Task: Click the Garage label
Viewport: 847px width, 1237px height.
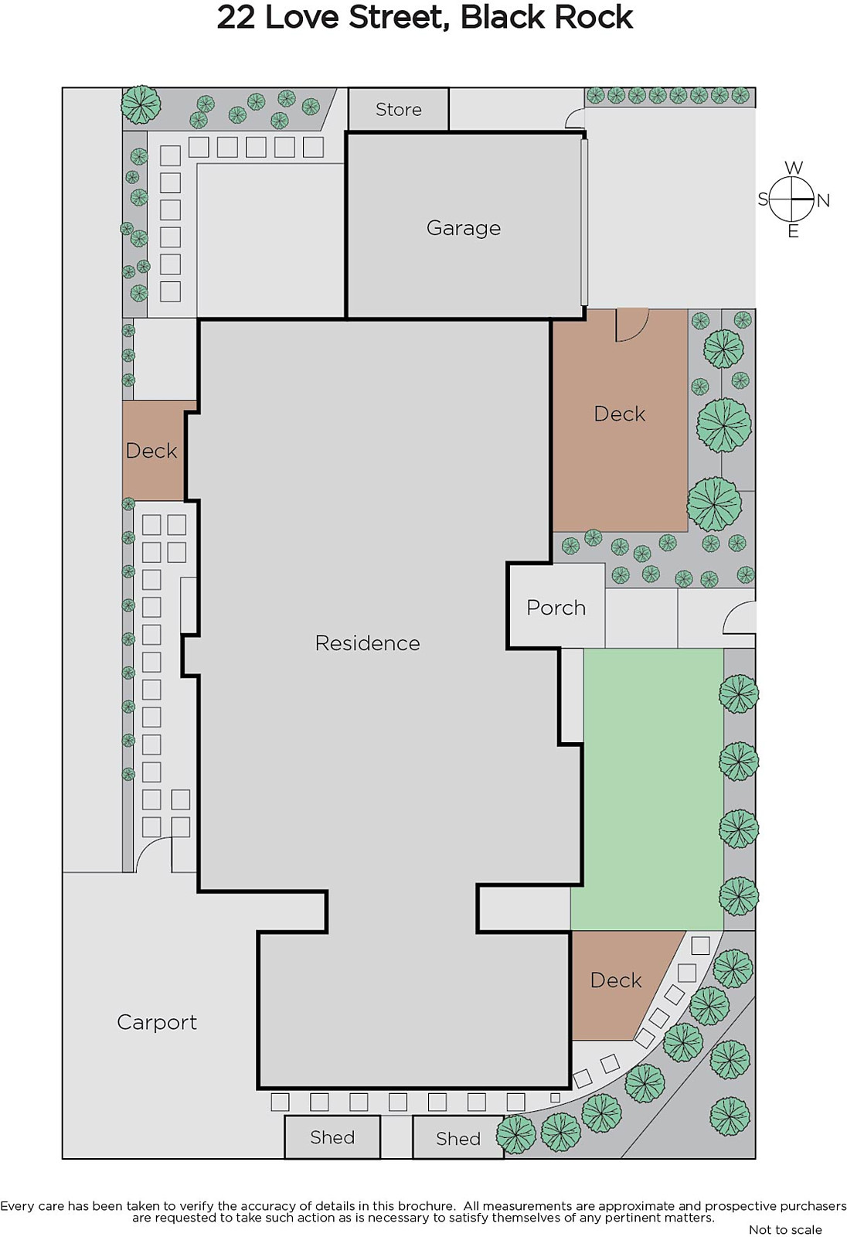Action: (463, 228)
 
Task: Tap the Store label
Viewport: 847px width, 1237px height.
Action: (398, 109)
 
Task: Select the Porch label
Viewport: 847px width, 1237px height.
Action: (556, 608)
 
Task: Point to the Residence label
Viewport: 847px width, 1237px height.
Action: (367, 642)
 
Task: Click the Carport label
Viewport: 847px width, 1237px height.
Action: (157, 1023)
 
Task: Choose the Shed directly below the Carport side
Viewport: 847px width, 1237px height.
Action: (332, 1137)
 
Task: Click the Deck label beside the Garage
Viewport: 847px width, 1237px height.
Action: (619, 414)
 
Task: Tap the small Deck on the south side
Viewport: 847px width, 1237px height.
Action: (151, 451)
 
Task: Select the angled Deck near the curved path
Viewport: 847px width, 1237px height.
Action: (616, 980)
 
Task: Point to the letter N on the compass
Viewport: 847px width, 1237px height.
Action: (823, 200)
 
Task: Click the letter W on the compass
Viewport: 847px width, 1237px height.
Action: (794, 168)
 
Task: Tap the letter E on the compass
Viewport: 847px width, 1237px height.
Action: (794, 231)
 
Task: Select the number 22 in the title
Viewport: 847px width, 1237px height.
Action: (235, 18)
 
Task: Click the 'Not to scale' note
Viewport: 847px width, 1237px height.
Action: (785, 1229)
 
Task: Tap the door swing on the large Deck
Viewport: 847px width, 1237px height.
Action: (632, 325)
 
